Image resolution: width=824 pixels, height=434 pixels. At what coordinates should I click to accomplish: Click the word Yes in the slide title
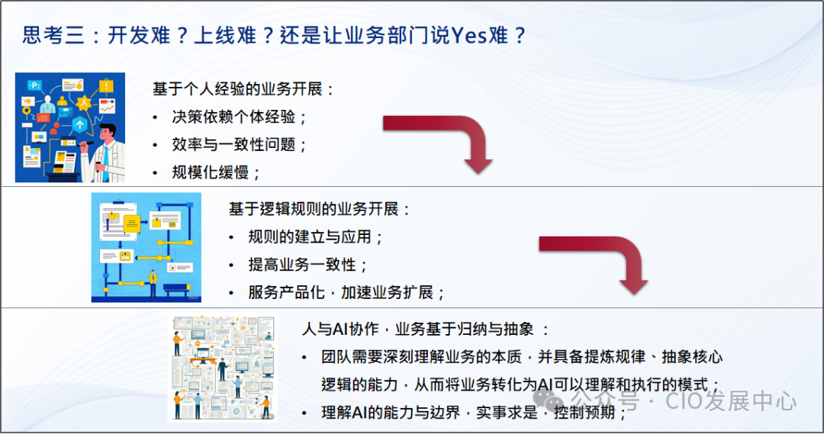pyautogui.click(x=468, y=35)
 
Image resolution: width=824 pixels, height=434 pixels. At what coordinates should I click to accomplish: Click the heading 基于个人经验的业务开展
pyautogui.click(x=243, y=88)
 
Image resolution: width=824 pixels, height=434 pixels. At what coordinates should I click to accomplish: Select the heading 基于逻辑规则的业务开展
pyautogui.click(x=320, y=209)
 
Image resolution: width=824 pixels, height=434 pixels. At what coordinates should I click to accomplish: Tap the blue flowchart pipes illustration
pyautogui.click(x=146, y=246)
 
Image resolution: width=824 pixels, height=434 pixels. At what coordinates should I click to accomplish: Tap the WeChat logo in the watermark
pyautogui.click(x=551, y=400)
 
